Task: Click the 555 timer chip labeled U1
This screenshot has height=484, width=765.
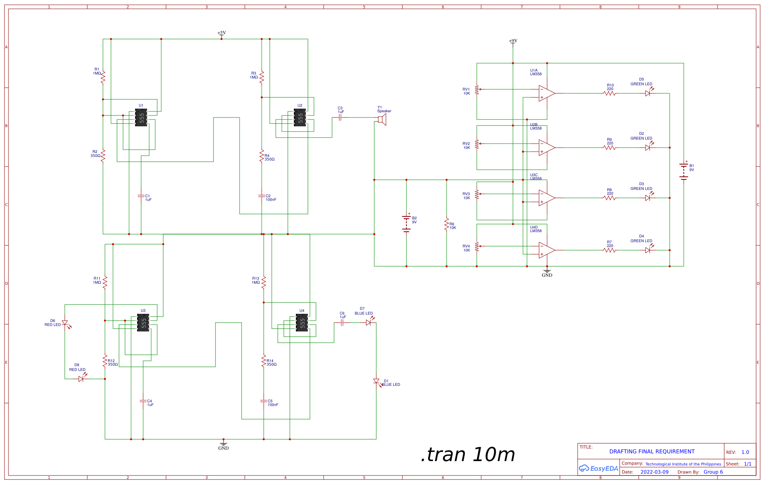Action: pos(141,117)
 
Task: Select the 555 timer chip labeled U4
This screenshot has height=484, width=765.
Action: pos(302,323)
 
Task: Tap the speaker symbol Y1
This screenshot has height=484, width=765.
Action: pos(382,119)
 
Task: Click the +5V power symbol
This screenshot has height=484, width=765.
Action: pos(222,35)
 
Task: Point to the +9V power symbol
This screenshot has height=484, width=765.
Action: pos(513,43)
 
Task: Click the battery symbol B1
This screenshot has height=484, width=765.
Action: pos(684,171)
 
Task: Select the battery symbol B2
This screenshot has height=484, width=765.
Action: pos(406,224)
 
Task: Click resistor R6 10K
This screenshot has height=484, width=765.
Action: pos(447,224)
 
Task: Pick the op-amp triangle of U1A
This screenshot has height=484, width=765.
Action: pos(546,93)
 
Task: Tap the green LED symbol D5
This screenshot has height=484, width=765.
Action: pos(648,93)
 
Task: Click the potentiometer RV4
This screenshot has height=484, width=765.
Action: pos(477,246)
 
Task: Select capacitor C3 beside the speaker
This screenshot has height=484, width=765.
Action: pos(340,117)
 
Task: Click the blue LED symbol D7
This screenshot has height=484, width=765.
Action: pos(368,322)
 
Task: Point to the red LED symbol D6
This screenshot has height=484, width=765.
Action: pos(65,323)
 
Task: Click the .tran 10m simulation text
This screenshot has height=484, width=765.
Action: pos(468,455)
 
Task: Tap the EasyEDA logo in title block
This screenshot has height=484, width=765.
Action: pos(598,468)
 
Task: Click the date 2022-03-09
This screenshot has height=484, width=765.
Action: pos(654,472)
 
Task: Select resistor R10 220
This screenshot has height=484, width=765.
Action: pos(609,93)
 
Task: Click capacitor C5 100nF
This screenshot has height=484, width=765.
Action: pos(264,401)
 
